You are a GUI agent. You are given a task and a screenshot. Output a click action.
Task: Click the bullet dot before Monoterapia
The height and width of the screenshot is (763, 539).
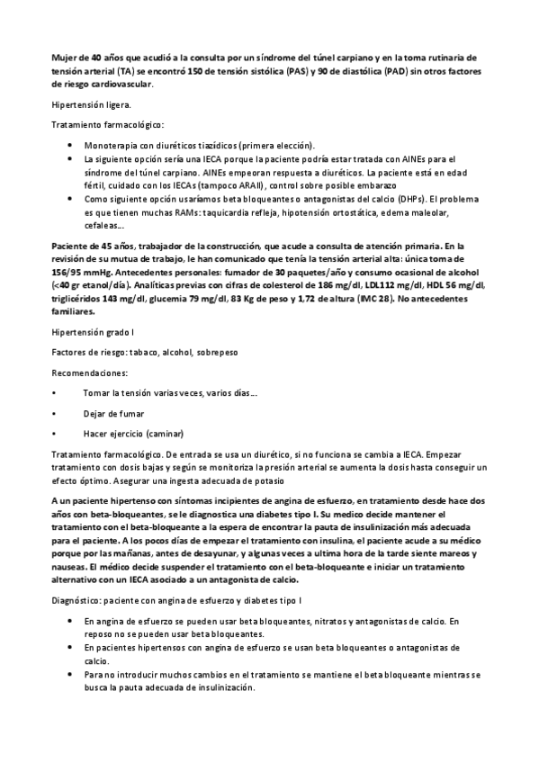[x=70, y=145]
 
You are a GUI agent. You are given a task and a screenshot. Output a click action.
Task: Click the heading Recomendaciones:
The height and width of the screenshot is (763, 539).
[x=89, y=372]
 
